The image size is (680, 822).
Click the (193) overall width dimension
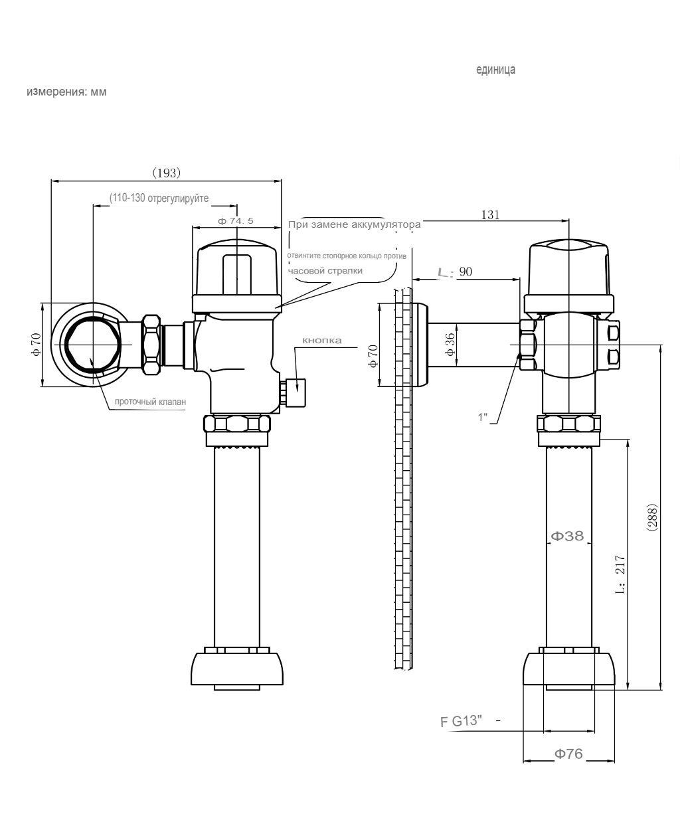[x=167, y=173]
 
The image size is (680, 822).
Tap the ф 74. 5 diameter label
[x=236, y=221]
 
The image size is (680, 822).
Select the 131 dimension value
[x=490, y=214]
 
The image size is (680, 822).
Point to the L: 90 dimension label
[x=455, y=272]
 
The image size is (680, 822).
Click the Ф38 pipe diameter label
[x=567, y=536]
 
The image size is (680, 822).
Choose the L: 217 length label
[x=620, y=574]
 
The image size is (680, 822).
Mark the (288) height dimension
[x=652, y=517]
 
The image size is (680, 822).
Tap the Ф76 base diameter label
[x=568, y=754]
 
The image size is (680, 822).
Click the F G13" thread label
[x=461, y=721]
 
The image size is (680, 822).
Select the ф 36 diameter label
[x=450, y=345]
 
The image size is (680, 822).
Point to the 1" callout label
[x=483, y=417]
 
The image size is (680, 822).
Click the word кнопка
[x=321, y=341]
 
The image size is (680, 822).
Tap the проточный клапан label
[x=150, y=402]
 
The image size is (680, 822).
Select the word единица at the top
[x=496, y=70]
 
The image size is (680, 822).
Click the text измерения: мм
[x=66, y=92]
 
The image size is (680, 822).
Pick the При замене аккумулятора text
[x=355, y=225]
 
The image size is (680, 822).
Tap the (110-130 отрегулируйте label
[x=159, y=198]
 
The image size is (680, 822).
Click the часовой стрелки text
[x=325, y=271]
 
